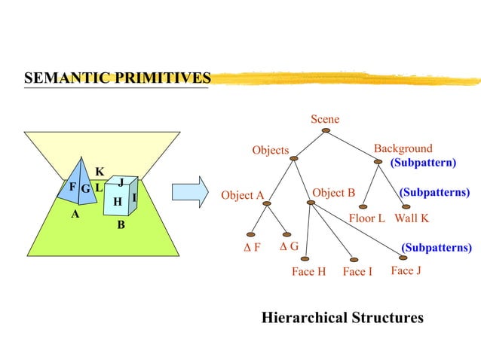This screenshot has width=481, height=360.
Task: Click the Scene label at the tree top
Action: pyautogui.click(x=325, y=119)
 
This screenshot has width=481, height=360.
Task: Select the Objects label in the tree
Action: pyautogui.click(x=271, y=150)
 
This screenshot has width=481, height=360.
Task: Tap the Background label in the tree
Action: pyautogui.click(x=403, y=148)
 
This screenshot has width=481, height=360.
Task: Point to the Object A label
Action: pyautogui.click(x=242, y=196)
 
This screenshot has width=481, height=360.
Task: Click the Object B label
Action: pyautogui.click(x=333, y=193)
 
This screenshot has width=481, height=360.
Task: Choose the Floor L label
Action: pyautogui.click(x=367, y=218)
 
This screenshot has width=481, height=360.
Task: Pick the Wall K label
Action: pyautogui.click(x=412, y=218)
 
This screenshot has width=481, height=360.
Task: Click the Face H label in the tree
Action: pyautogui.click(x=308, y=271)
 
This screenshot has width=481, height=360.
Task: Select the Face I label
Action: pyautogui.click(x=357, y=271)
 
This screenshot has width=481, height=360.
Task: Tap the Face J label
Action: pyautogui.click(x=406, y=270)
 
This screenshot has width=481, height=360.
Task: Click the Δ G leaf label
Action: pyautogui.click(x=289, y=246)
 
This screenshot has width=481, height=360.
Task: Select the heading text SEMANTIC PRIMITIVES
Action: pyautogui.click(x=117, y=78)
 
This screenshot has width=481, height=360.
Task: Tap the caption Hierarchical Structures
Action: pyautogui.click(x=342, y=318)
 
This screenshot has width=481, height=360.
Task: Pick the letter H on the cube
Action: pyautogui.click(x=117, y=202)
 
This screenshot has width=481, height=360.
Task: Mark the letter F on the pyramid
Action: pyautogui.click(x=72, y=187)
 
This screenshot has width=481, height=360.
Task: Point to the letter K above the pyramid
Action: pyautogui.click(x=99, y=172)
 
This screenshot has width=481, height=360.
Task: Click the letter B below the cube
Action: pyautogui.click(x=121, y=225)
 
